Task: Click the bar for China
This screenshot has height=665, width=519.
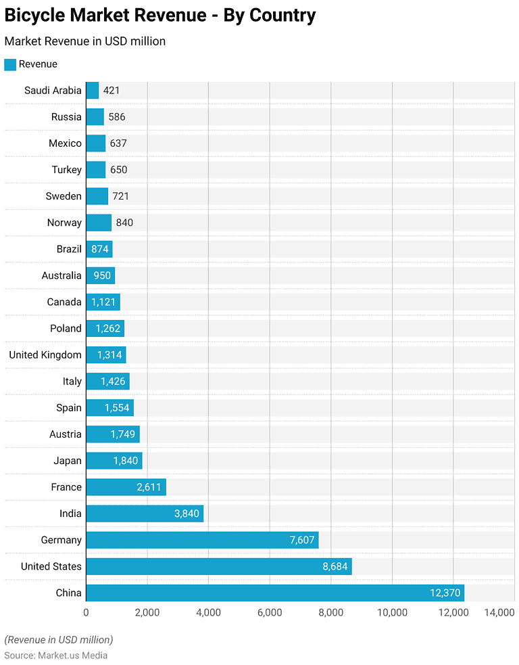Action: [x=275, y=593]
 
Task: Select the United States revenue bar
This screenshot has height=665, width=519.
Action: [x=219, y=566]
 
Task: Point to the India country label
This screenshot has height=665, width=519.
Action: [x=70, y=513]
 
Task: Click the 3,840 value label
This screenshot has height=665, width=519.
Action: [x=187, y=513]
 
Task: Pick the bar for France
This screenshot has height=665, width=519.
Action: [x=126, y=487]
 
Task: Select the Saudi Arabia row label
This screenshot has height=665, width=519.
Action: [x=53, y=90]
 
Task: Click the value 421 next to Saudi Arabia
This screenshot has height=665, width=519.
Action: [x=112, y=90]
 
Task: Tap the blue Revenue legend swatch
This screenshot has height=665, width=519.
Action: [x=10, y=64]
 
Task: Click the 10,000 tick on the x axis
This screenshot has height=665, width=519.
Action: [x=392, y=612]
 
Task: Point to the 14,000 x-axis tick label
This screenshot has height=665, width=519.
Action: [x=499, y=612]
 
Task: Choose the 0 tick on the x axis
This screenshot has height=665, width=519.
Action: [x=86, y=612]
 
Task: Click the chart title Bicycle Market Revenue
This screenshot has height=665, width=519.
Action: [x=160, y=15]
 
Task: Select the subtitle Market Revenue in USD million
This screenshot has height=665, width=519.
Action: [x=85, y=41]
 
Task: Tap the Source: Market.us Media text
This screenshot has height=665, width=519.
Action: [x=56, y=655]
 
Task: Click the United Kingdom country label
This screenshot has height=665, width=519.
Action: [x=45, y=354]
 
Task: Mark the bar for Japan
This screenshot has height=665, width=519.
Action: [x=114, y=461]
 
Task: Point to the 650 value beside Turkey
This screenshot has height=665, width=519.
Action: [x=118, y=170]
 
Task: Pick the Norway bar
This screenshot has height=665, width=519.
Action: [x=99, y=223]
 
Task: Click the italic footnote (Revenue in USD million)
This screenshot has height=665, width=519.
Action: [x=59, y=639]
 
